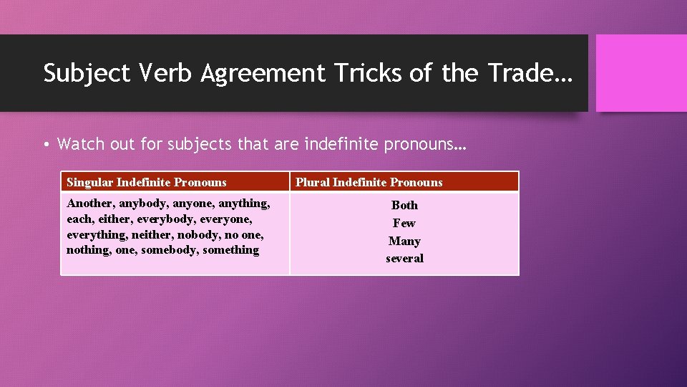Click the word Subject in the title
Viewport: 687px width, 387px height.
point(85,73)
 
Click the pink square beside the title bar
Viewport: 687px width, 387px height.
point(641,73)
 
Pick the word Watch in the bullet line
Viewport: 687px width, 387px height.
point(81,144)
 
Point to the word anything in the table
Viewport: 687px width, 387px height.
point(243,204)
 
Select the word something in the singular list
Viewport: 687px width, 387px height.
point(230,250)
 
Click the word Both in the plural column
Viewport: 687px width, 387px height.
point(404,205)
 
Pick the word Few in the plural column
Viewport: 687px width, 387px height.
point(404,223)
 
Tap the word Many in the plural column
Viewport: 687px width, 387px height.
point(404,241)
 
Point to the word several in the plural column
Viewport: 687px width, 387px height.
point(404,258)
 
